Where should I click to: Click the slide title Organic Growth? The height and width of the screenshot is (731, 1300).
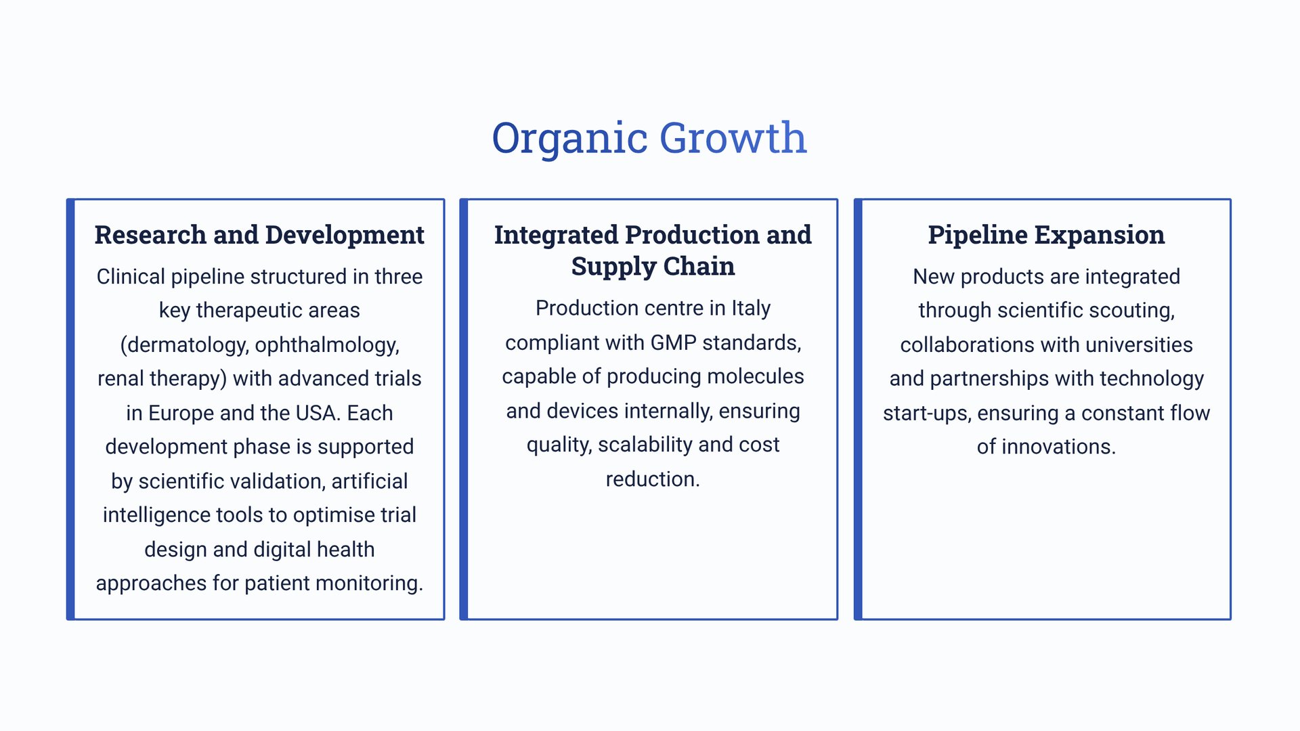coord(649,138)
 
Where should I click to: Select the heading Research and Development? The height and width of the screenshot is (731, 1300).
coord(259,235)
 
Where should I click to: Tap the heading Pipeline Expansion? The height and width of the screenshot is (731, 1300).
coord(1046,235)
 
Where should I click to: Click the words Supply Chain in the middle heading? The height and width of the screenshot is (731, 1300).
coord(653,267)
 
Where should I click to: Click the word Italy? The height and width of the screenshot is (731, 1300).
coord(751,309)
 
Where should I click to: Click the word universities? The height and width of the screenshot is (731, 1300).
coord(1139,345)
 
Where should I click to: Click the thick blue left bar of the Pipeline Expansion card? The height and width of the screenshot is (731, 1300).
coord(858,409)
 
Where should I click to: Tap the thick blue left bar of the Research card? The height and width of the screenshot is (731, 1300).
coord(70,409)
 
